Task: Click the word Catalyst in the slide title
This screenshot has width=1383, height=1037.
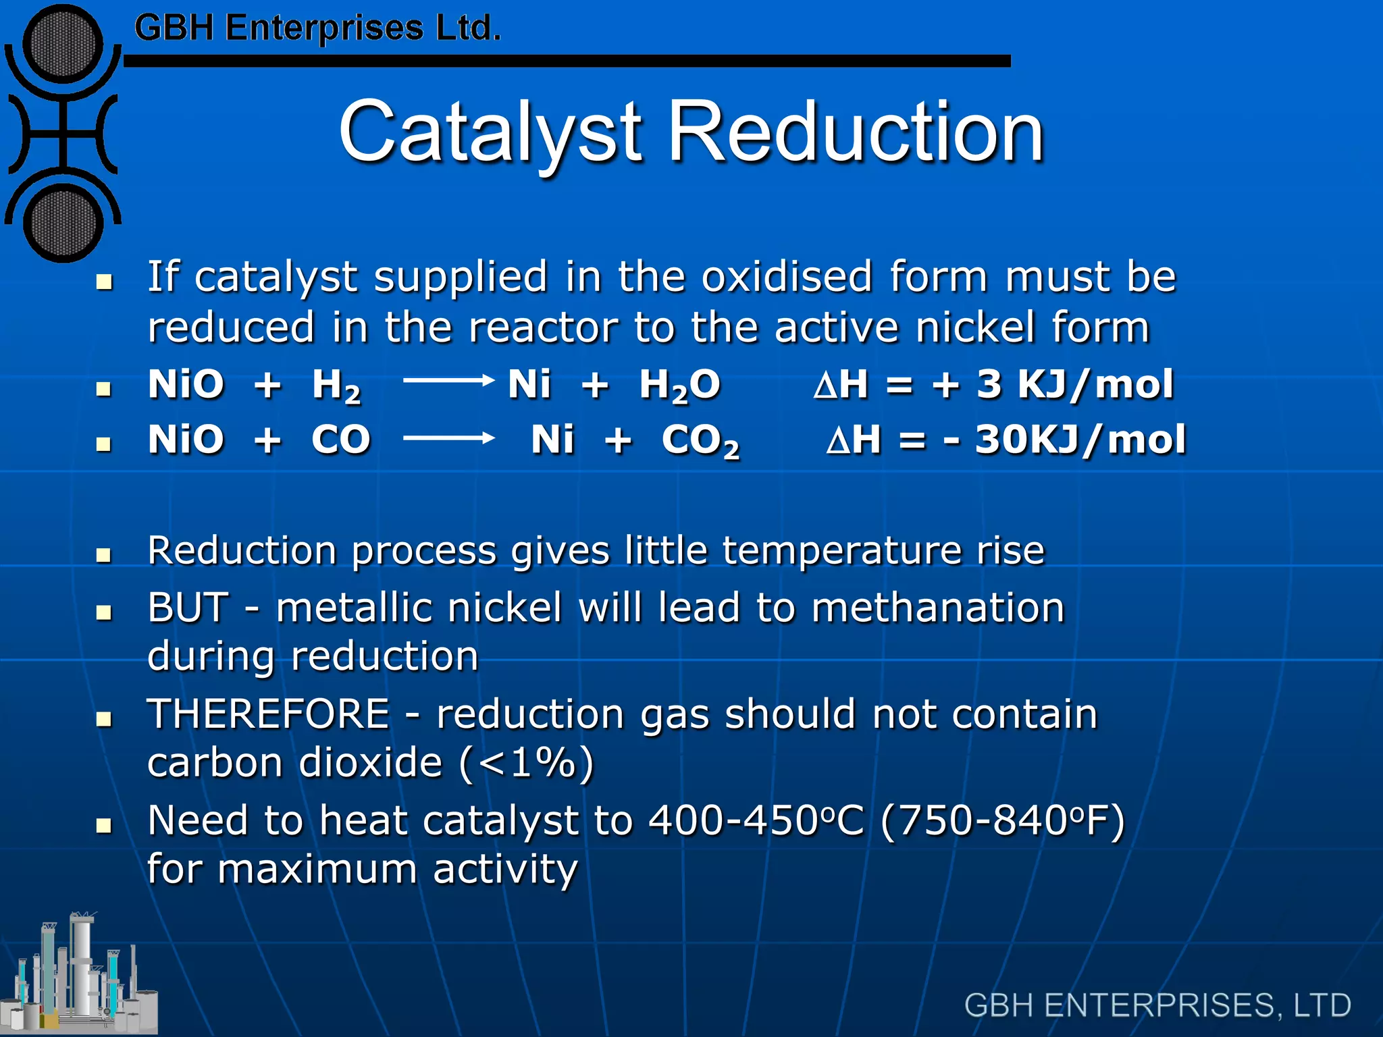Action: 491,132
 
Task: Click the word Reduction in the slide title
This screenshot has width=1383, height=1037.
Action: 856,132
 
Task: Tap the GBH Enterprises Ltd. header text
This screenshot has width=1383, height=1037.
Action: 317,28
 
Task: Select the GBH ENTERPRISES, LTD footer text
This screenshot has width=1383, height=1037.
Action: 1157,1005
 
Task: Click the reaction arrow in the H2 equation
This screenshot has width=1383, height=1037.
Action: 449,381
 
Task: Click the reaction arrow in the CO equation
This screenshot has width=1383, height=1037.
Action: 449,438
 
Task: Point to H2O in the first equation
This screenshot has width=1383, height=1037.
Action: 679,385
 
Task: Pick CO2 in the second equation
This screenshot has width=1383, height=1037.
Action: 700,441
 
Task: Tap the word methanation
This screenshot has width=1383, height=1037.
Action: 937,607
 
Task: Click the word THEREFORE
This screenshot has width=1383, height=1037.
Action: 269,714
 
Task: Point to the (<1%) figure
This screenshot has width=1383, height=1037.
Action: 527,763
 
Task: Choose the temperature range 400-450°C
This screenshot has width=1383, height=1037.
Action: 756,820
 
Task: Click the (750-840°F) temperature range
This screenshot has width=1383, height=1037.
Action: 1003,820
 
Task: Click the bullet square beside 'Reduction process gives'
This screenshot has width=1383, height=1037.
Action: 103,555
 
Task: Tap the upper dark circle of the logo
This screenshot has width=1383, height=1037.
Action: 63,44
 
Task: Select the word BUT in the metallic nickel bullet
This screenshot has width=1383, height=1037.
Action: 188,607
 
